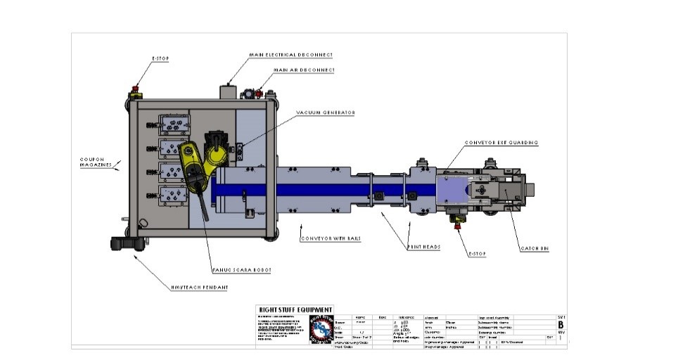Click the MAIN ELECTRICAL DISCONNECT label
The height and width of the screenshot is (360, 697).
coord(291,55)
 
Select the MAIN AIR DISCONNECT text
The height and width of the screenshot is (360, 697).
coord(304,70)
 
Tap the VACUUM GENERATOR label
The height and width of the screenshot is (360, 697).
coord(325,112)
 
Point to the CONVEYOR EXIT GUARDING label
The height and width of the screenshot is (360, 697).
coord(501,143)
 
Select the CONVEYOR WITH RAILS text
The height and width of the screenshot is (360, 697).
coord(331,238)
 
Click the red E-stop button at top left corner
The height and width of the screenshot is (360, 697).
coord(135,91)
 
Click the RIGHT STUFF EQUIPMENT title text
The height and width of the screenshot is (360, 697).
coord(295,310)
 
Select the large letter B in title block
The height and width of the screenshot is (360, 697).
coord(561,326)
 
